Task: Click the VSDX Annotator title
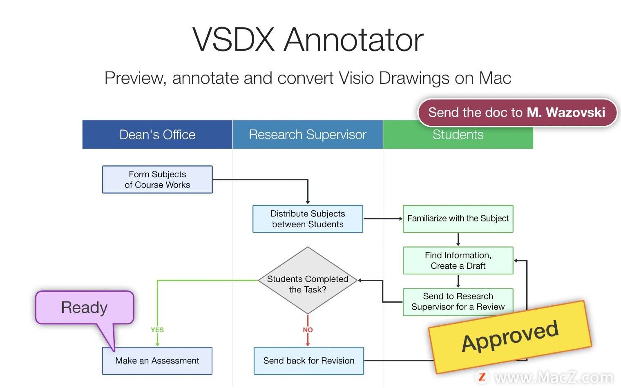(308, 40)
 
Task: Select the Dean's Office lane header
(157, 134)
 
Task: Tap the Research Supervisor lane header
(308, 134)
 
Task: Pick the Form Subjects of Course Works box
(157, 179)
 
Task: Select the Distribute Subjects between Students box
(308, 219)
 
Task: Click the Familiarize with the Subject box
(458, 219)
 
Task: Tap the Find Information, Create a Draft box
(458, 260)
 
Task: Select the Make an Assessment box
(157, 361)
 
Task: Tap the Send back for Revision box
(308, 361)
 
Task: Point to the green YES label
(157, 330)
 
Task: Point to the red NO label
(308, 330)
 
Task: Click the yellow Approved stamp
(510, 336)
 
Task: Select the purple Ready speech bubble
(85, 307)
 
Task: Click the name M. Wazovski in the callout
(566, 112)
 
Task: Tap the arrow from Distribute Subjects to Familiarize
(382, 219)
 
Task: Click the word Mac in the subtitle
(495, 78)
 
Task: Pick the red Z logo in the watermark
(482, 376)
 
